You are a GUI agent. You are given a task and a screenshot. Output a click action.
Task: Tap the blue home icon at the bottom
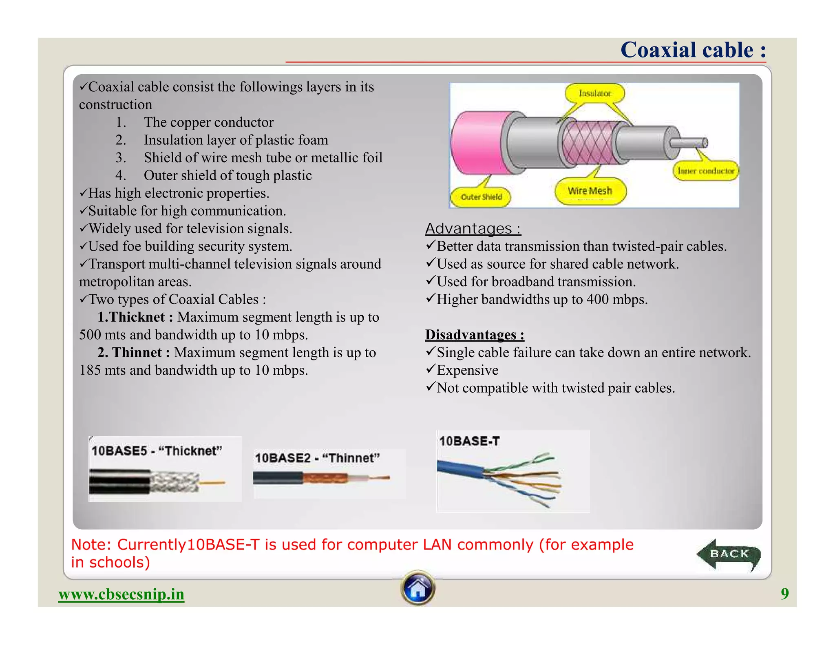pyautogui.click(x=418, y=588)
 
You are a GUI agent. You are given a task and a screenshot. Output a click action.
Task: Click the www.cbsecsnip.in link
pyautogui.click(x=121, y=594)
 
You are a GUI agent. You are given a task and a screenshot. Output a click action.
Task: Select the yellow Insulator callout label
pyautogui.click(x=594, y=93)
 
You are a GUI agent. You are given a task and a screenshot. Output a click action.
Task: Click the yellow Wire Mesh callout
pyautogui.click(x=590, y=191)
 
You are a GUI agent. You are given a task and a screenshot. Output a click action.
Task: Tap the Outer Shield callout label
pyautogui.click(x=481, y=197)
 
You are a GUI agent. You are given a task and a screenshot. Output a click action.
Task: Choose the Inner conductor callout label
pyautogui.click(x=706, y=171)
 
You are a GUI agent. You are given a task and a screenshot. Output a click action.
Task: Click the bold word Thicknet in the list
pyautogui.click(x=137, y=317)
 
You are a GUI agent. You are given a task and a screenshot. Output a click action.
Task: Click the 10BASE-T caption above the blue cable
pyautogui.click(x=469, y=441)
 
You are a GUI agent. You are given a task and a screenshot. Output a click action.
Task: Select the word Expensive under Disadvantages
pyautogui.click(x=468, y=370)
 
